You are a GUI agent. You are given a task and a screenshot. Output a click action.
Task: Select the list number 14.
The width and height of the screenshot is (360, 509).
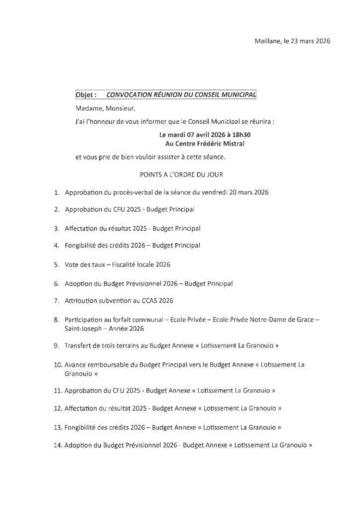[x=56, y=445]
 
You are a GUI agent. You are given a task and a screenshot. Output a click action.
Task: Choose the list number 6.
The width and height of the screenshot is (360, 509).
[x=57, y=283]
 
